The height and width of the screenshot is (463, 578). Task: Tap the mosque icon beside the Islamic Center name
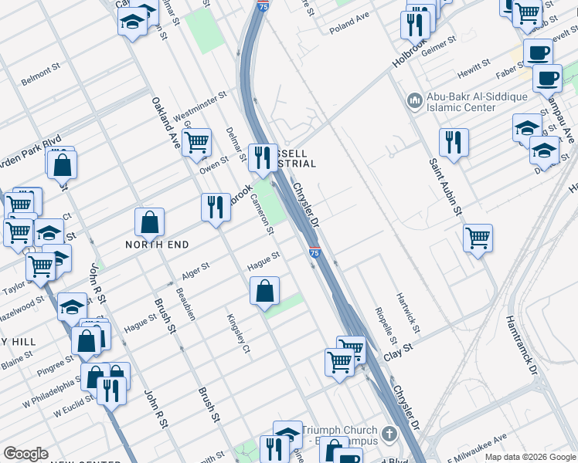[413, 100]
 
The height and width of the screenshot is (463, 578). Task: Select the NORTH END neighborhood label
[158, 244]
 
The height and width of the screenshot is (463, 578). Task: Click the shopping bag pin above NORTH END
[149, 222]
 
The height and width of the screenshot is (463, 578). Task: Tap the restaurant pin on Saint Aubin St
[453, 143]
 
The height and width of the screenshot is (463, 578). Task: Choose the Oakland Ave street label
[165, 123]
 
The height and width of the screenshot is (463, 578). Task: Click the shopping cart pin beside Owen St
[198, 143]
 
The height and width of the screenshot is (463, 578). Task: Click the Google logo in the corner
[25, 454]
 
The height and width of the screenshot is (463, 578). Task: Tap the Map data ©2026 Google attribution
[529, 457]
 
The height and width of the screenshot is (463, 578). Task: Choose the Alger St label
[195, 272]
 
